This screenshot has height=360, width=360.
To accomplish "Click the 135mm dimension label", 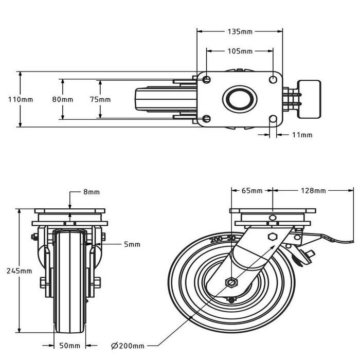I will pyautogui.click(x=240, y=31).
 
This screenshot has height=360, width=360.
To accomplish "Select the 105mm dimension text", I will pyautogui.click(x=240, y=51).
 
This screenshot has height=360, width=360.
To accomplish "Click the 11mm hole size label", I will pyautogui.click(x=302, y=135).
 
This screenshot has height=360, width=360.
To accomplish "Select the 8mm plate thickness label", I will pyautogui.click(x=91, y=192).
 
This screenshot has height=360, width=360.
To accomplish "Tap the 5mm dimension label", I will pyautogui.click(x=132, y=244).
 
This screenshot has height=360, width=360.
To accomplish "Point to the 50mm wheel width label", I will pyautogui.click(x=70, y=346).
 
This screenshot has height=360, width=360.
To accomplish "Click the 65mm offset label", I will pyautogui.click(x=251, y=191).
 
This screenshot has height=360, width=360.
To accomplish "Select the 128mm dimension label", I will pyautogui.click(x=313, y=191).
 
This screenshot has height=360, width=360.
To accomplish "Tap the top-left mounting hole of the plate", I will pyautogui.click(x=207, y=79).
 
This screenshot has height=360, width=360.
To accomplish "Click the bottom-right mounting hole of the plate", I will pyautogui.click(x=273, y=119).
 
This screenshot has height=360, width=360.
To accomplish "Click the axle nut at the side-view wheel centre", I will pyautogui.click(x=231, y=281).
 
